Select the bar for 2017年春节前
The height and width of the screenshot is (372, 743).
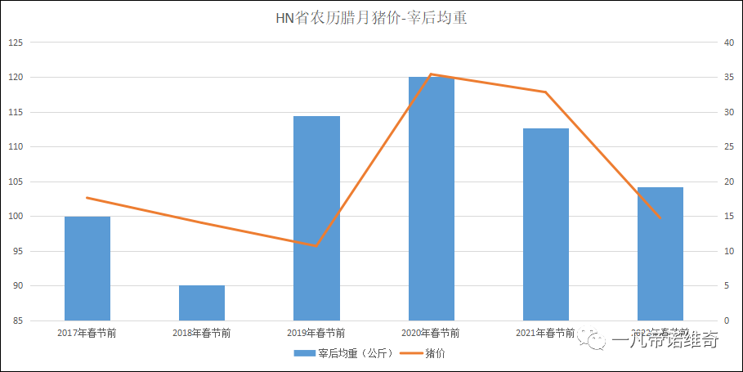pyautogui.click(x=87, y=268)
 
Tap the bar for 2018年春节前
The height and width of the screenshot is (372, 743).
pyautogui.click(x=202, y=303)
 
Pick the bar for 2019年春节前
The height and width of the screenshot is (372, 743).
pyautogui.click(x=316, y=217)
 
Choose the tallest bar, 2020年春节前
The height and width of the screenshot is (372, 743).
pyautogui.click(x=431, y=198)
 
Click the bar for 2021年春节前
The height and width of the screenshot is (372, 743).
pyautogui.click(x=545, y=224)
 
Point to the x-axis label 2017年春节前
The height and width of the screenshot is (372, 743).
pyautogui.click(x=87, y=333)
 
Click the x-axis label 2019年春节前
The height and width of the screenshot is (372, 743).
pyautogui.click(x=316, y=333)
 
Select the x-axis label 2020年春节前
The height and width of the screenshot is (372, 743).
pyautogui.click(x=431, y=333)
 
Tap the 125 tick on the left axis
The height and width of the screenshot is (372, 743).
pyautogui.click(x=16, y=43)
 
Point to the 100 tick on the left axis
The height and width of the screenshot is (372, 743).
pyautogui.click(x=16, y=217)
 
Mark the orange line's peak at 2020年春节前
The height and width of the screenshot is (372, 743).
pyautogui.click(x=431, y=74)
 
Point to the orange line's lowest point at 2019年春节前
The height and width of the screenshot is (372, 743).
pyautogui.click(x=316, y=245)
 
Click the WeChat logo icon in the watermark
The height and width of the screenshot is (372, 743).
pyautogui.click(x=594, y=340)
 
